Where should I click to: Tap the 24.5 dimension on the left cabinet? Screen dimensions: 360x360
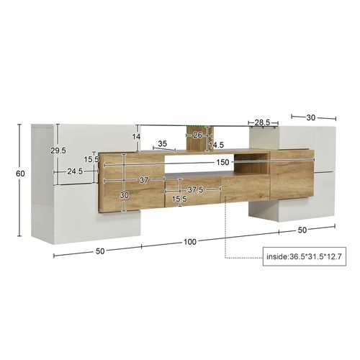[x=76, y=172]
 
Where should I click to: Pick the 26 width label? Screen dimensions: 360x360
[x=197, y=135]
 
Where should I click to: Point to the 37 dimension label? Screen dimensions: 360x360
[x=143, y=180]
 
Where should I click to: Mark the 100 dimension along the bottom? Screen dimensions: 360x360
[x=190, y=241]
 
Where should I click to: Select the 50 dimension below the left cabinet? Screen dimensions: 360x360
[x=100, y=251]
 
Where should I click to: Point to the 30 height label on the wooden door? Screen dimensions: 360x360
[x=125, y=195]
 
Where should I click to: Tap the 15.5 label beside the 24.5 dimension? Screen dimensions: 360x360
[x=91, y=160]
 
